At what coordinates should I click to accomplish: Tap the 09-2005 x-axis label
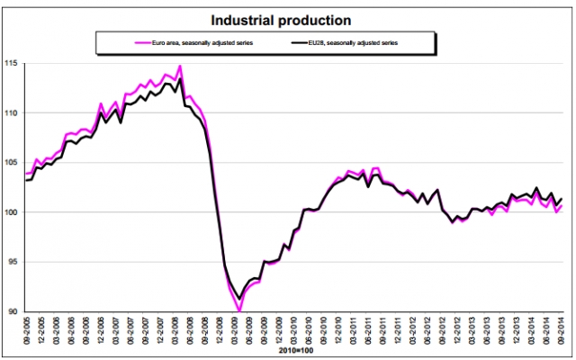pyautogui.click(x=28, y=330)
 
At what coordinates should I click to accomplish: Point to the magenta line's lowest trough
pyautogui.click(x=238, y=310)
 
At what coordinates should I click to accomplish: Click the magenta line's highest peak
pyautogui.click(x=180, y=66)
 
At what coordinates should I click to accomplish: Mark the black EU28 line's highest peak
pyautogui.click(x=180, y=79)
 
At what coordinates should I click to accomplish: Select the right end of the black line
pyautogui.click(x=562, y=199)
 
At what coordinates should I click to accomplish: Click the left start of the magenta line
pyautogui.click(x=28, y=174)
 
